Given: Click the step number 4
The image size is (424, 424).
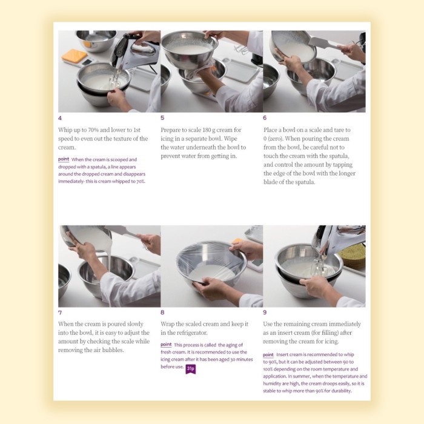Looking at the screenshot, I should point(60,118).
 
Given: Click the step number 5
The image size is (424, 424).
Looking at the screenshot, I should point(162,118).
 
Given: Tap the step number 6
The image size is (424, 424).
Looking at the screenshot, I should point(265,118).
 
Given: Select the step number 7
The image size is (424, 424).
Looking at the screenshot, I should point(60,313).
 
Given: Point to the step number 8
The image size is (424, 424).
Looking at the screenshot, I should point(162,313).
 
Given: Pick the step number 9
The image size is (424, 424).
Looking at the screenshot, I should point(265,313).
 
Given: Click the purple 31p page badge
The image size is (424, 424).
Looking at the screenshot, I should point(190,368).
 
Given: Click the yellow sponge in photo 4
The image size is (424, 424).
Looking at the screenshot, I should point(74,56).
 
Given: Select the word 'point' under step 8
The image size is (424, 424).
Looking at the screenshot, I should point(166,344).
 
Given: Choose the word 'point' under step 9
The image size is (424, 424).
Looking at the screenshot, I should point(268,354).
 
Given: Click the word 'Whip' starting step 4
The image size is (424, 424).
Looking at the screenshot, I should point(65,130).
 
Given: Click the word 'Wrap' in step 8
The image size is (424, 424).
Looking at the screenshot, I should point(169,324).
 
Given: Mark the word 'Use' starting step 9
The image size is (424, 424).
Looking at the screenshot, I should point(270,324).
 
